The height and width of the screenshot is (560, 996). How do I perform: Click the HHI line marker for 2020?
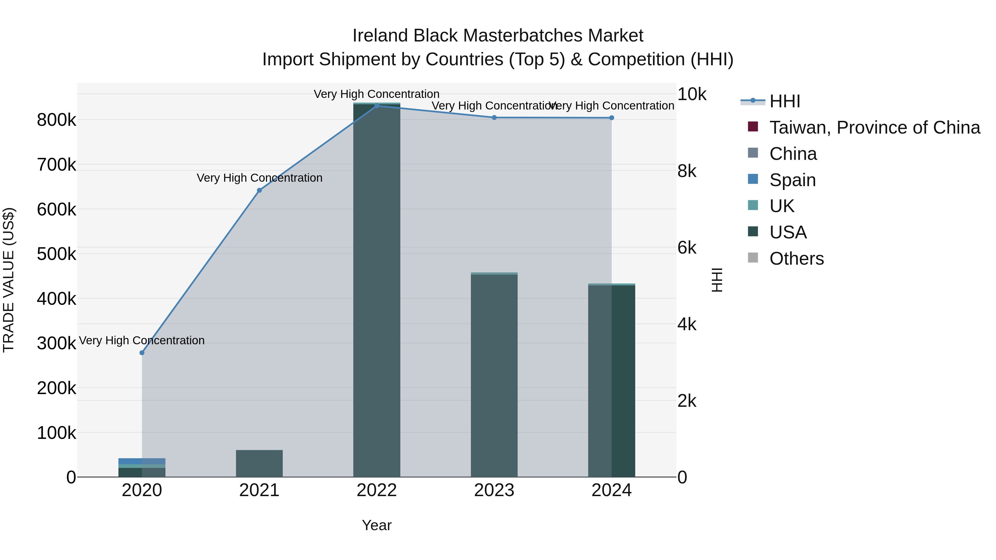(x=142, y=353)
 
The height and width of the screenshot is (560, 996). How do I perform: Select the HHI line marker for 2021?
(x=260, y=190)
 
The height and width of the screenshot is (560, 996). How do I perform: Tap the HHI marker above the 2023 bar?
(x=494, y=118)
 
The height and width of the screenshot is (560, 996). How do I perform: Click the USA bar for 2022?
(x=377, y=290)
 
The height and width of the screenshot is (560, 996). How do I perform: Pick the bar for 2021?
(x=260, y=463)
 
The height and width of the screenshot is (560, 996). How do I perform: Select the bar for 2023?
(x=494, y=375)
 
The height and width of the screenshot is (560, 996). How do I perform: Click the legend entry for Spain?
(x=792, y=180)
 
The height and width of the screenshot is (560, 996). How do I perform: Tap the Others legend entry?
(x=797, y=259)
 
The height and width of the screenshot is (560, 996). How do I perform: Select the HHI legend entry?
(x=785, y=101)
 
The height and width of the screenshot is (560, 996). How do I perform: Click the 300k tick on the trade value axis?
(x=56, y=343)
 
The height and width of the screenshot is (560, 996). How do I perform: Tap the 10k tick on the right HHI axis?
(x=692, y=94)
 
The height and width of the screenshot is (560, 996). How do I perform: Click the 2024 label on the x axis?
(x=611, y=490)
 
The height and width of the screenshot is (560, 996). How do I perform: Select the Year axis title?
(x=377, y=525)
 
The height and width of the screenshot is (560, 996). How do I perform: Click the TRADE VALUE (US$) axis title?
(x=9, y=280)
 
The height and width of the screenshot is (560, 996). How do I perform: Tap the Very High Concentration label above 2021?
(x=260, y=178)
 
